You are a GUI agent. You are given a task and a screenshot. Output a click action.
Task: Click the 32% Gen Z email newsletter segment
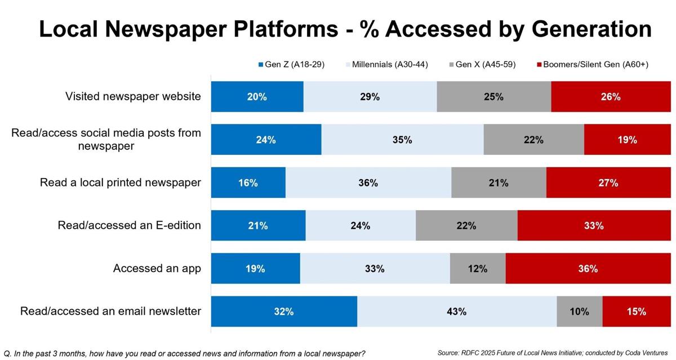tap(284, 311)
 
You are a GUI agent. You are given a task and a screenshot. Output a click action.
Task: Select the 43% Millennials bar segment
tap(457, 311)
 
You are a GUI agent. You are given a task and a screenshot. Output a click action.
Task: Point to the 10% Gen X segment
tap(579, 311)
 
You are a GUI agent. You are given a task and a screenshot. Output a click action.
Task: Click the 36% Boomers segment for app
tap(588, 268)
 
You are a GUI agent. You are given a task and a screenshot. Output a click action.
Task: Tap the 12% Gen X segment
tap(477, 268)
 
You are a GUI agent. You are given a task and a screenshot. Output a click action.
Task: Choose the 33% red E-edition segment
tap(594, 225)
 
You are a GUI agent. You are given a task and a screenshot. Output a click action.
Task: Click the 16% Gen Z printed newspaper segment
tap(248, 183)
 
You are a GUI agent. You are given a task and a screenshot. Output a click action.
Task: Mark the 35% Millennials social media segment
tap(402, 140)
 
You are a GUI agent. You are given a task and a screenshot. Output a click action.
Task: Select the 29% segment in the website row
tap(370, 96)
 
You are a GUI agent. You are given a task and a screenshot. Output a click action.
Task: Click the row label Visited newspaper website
tap(133, 96)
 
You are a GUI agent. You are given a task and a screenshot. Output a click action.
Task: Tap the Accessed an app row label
tap(157, 268)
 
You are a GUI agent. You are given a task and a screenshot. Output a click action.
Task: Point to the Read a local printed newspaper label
tap(121, 183)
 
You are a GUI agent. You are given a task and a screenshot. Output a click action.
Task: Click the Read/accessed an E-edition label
tap(130, 225)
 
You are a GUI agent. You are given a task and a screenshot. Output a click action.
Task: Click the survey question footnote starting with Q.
tap(184, 354)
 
